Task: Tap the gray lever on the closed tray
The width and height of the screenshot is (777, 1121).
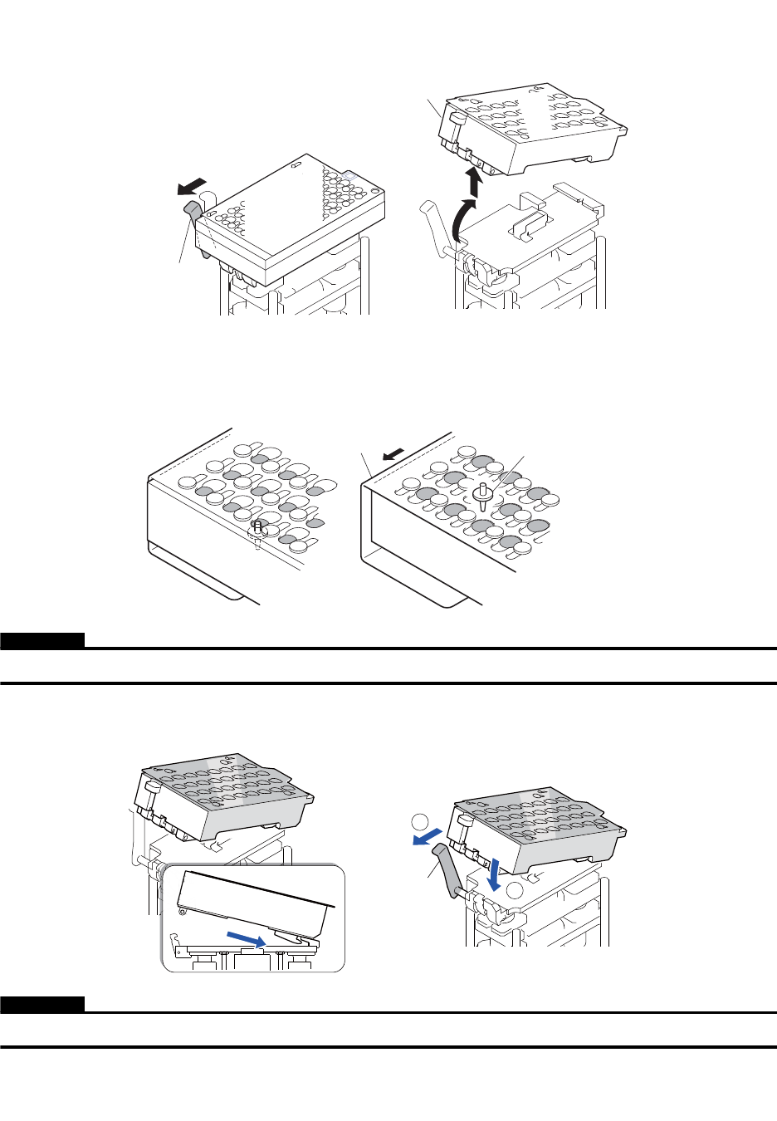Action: [x=193, y=213]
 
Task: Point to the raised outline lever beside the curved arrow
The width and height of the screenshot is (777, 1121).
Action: [x=433, y=220]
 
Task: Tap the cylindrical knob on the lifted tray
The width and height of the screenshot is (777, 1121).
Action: [x=456, y=124]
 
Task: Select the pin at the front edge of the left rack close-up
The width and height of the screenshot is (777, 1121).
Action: [x=258, y=529]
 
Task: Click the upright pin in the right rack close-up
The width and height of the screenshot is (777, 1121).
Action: [x=481, y=495]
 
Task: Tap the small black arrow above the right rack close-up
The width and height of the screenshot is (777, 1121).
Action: [x=394, y=454]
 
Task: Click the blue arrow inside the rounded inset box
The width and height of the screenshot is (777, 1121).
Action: [x=248, y=937]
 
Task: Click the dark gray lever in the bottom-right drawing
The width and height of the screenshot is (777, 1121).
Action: [x=450, y=872]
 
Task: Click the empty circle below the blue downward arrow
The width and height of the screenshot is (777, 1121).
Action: [x=516, y=892]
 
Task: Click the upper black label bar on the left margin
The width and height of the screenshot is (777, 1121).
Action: [x=42, y=640]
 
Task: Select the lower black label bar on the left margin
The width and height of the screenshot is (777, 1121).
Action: [x=42, y=1005]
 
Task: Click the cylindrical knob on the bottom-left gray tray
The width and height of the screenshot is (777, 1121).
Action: [x=151, y=789]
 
